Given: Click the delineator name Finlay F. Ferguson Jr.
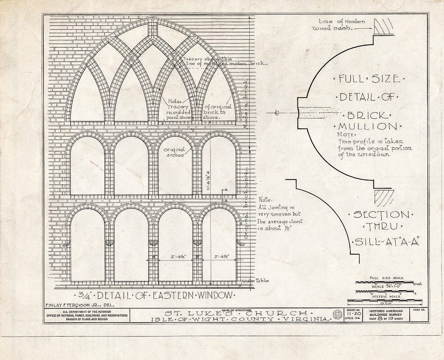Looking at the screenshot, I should tap(79, 305).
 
